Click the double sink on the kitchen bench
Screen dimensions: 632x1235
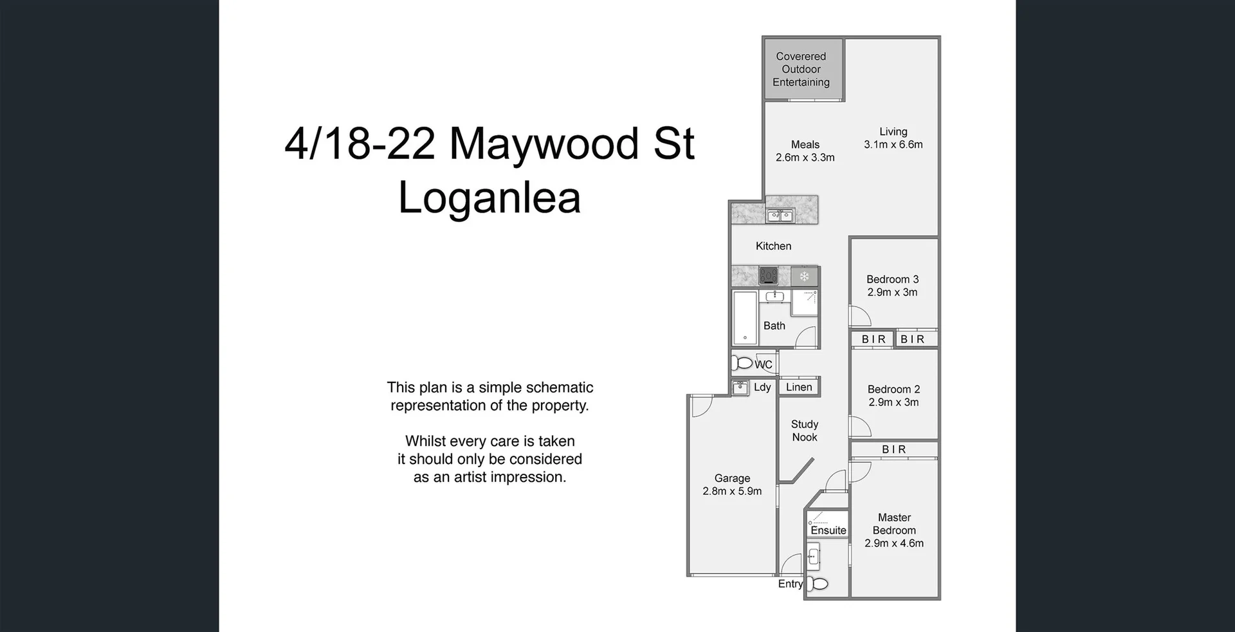click(x=780, y=216)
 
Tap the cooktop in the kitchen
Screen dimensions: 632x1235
click(x=769, y=276)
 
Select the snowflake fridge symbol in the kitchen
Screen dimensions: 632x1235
click(x=804, y=277)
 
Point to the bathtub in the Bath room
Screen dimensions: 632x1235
click(x=746, y=318)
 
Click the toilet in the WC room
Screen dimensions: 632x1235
click(x=743, y=363)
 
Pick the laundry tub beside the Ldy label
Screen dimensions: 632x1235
click(x=741, y=387)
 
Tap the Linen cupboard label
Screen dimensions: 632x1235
click(x=799, y=387)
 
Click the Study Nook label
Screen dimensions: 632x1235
click(x=805, y=431)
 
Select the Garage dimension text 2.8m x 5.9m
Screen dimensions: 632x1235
click(x=732, y=491)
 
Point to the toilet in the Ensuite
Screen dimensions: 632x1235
click(x=819, y=584)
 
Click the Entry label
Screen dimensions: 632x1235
click(x=790, y=584)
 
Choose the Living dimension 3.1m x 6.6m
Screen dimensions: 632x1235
click(x=893, y=145)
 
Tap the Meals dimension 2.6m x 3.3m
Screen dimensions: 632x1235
click(x=805, y=158)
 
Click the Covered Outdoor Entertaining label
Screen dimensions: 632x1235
click(x=801, y=70)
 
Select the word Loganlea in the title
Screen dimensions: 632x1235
click(x=489, y=198)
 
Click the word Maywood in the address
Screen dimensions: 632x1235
click(x=544, y=144)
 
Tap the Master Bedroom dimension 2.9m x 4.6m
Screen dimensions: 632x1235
click(x=893, y=543)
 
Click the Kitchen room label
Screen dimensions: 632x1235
click(x=773, y=246)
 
